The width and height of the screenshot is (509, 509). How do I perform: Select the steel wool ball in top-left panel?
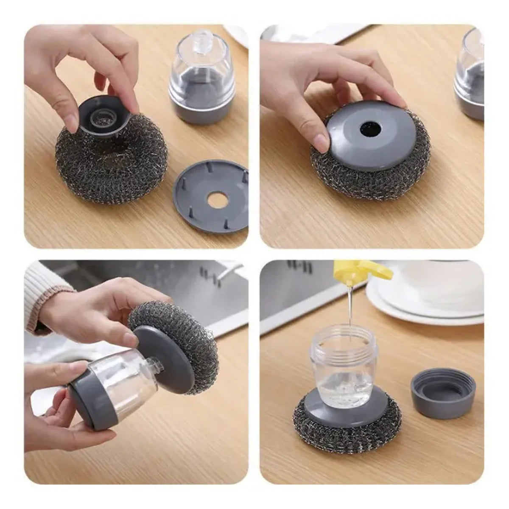[x=106, y=165]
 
